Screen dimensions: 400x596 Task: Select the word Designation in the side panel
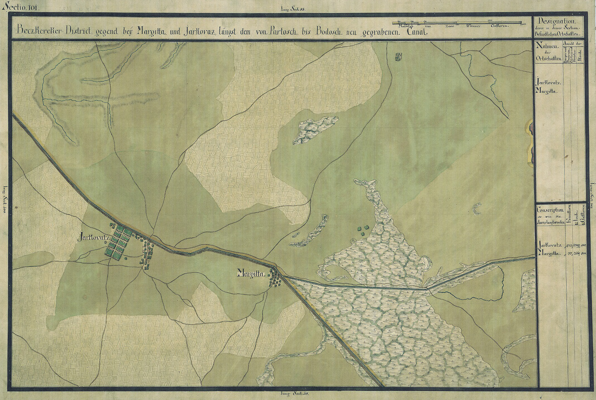(x=556, y=21)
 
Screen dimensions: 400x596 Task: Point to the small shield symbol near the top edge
(x=398, y=57)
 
